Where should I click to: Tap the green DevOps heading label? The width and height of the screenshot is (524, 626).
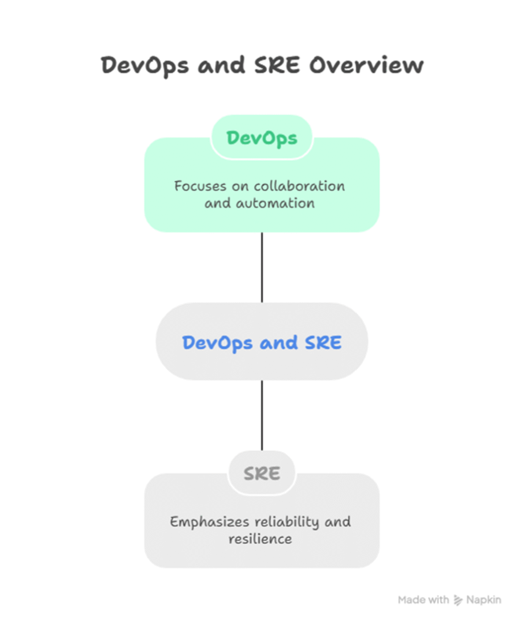tap(262, 138)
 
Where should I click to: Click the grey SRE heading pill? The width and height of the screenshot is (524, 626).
tap(262, 473)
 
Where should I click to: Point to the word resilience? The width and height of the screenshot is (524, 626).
tap(260, 539)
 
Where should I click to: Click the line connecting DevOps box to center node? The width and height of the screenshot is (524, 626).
tap(262, 267)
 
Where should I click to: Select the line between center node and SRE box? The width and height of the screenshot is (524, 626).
tap(262, 415)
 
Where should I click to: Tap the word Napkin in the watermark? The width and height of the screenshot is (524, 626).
tap(484, 600)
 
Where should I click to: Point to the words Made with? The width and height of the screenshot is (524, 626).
tap(423, 600)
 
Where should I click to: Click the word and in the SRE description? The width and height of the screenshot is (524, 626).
tap(338, 522)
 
